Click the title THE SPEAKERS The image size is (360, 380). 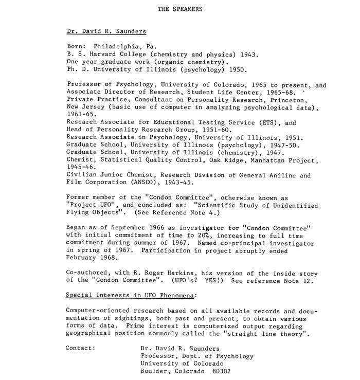(179, 9)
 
